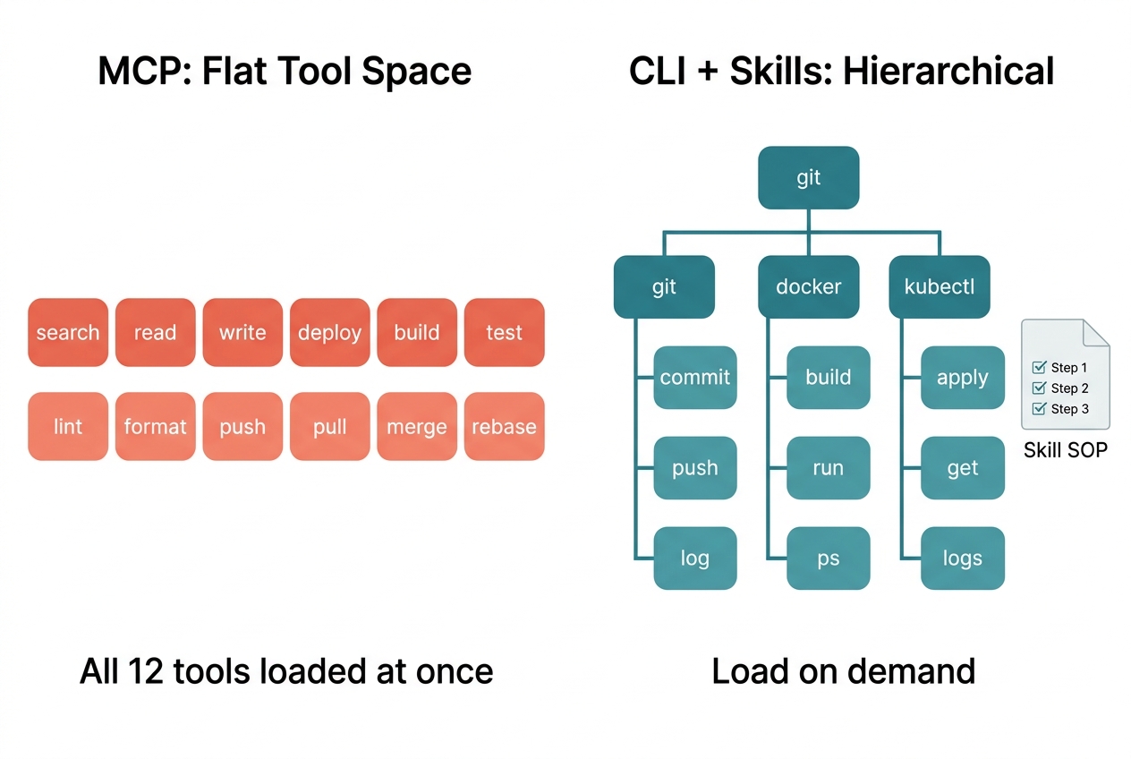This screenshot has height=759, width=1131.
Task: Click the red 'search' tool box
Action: pos(68,333)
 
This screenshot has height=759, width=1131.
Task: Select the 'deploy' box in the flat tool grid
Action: pos(329,333)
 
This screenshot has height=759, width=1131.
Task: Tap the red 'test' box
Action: pos(504,333)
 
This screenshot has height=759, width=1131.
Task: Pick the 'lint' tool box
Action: pos(68,427)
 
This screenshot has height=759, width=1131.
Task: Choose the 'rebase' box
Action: pos(504,427)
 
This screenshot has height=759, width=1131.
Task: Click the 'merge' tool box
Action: pos(417,427)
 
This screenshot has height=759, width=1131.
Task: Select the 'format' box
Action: pos(155,427)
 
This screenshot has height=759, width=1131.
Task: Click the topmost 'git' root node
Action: pos(808,178)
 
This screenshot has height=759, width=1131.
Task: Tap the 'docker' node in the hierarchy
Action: pos(808,287)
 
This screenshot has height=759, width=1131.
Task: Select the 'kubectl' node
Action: pos(940,287)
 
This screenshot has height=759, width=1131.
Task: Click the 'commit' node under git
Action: pos(695,378)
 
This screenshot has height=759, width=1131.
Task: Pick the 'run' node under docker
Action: pos(829,468)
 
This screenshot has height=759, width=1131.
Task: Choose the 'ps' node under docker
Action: pos(829,559)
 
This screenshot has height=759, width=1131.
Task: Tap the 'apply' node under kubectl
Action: pos(963,378)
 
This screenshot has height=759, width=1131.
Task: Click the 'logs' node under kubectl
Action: pos(963,559)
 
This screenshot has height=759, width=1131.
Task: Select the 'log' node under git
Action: pos(695,559)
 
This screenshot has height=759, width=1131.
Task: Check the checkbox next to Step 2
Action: pos(1039,388)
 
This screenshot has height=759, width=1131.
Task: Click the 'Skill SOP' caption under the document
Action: pos(1065,450)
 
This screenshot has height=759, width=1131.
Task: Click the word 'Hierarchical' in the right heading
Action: pos(948,72)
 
